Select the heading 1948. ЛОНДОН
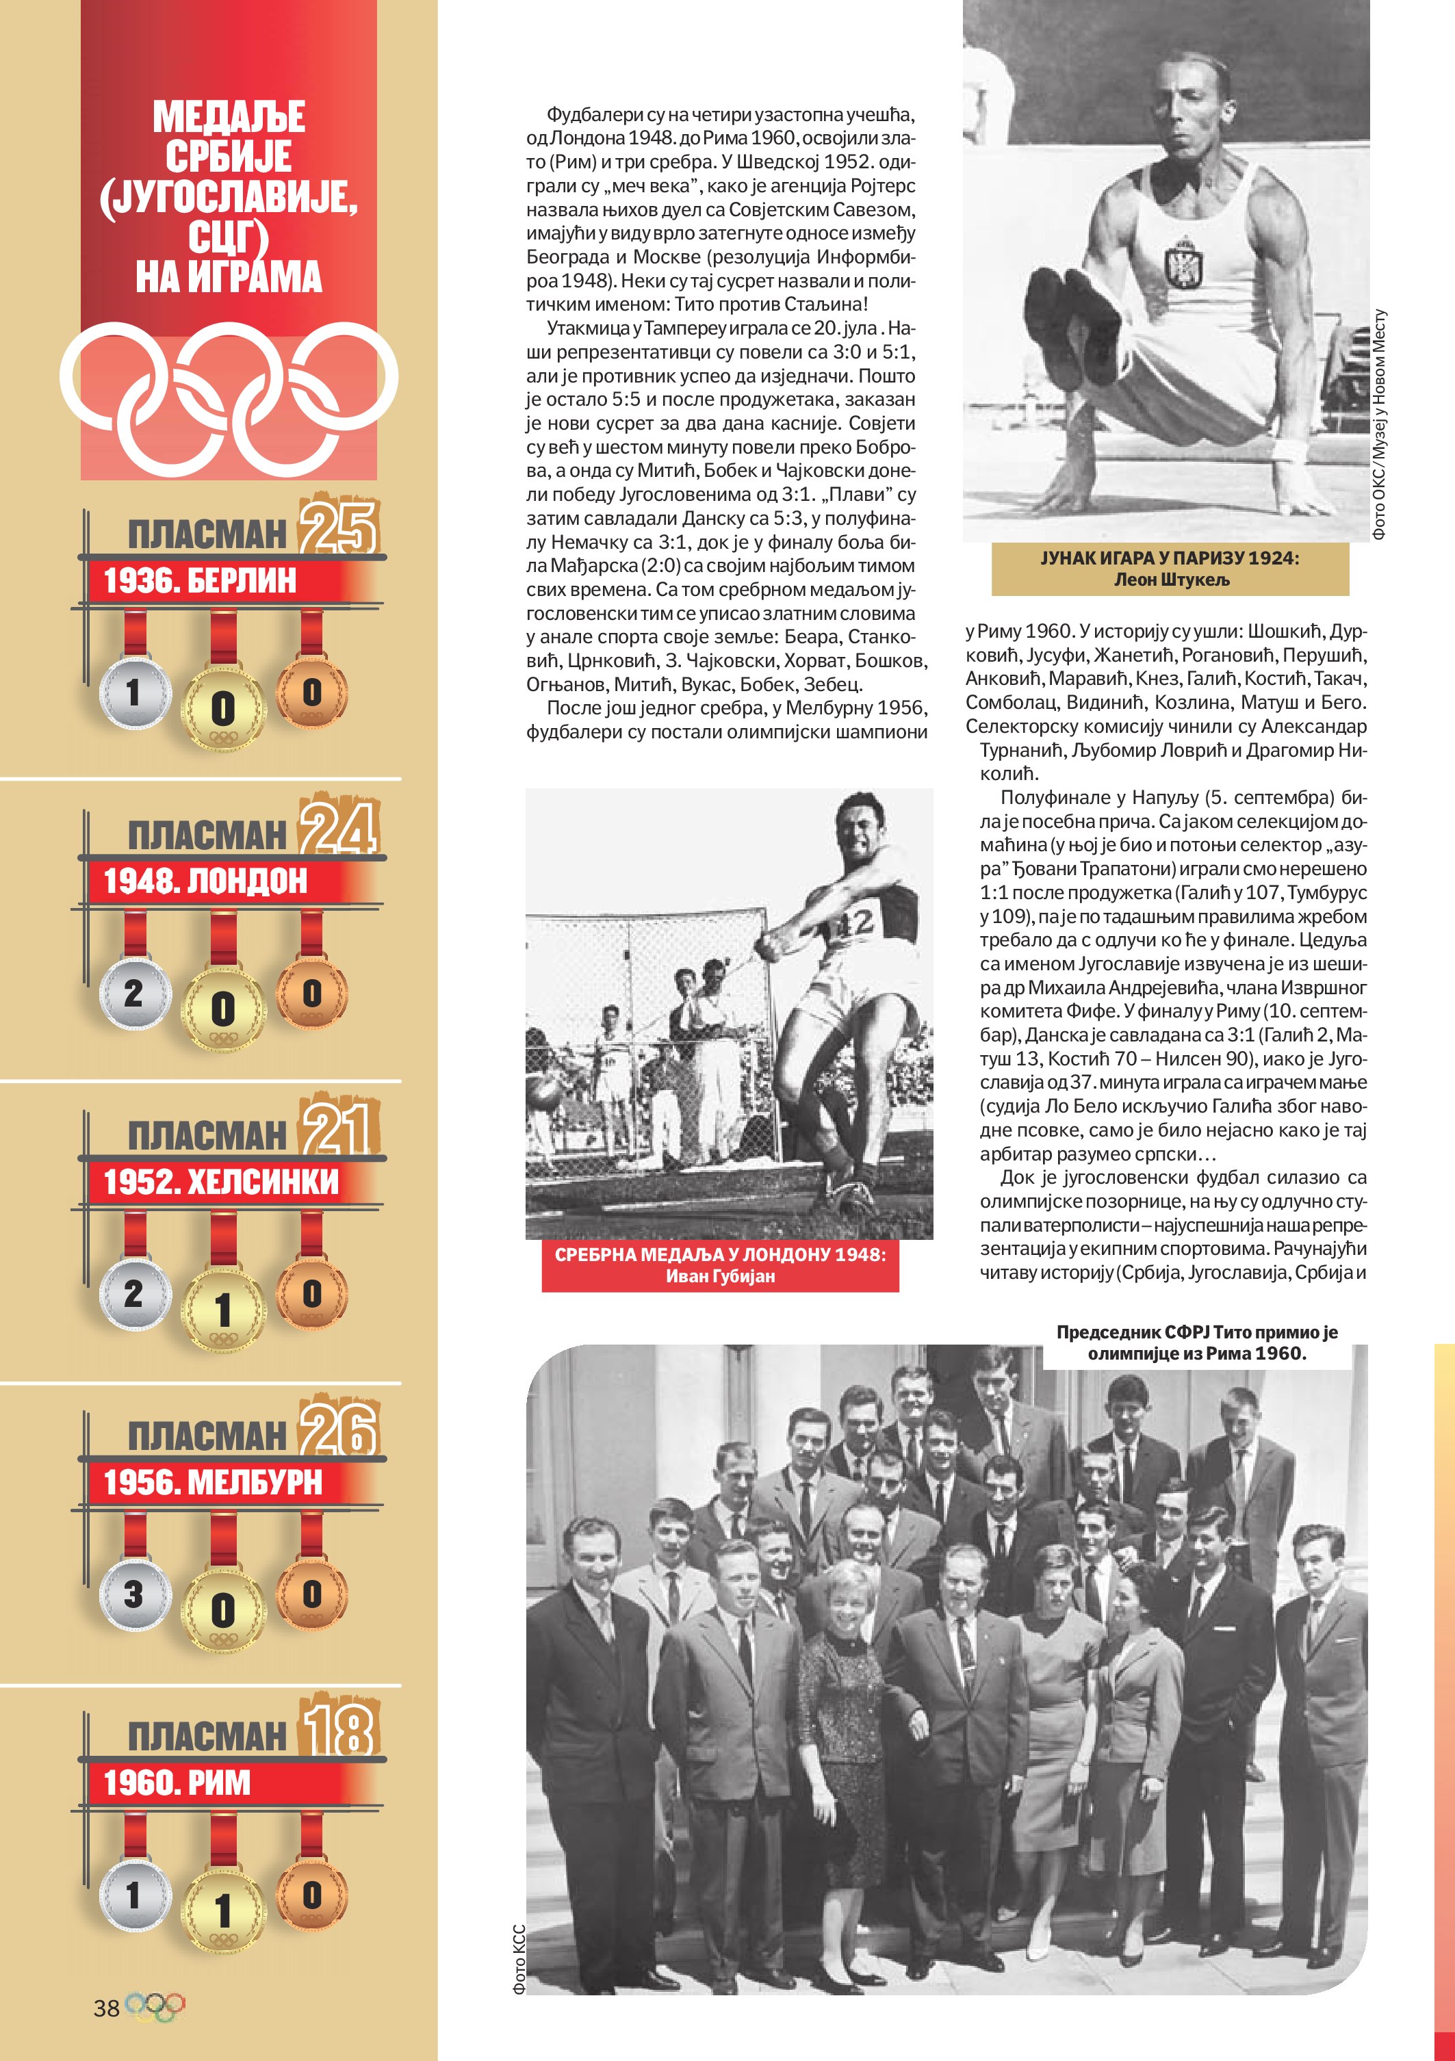[205, 881]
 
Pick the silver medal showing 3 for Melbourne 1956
[133, 1594]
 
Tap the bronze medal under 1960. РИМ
[311, 1894]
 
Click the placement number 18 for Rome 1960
[338, 1729]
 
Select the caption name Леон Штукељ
[1170, 580]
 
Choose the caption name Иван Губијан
[720, 1275]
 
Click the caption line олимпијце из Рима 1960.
[1196, 1353]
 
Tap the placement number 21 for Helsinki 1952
[338, 1128]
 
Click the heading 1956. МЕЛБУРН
[213, 1482]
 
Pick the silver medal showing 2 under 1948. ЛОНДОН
[133, 993]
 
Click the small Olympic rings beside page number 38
[155, 2007]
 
